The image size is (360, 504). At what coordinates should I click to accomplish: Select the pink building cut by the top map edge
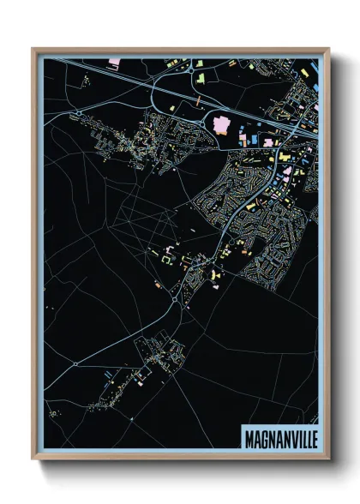click(115, 62)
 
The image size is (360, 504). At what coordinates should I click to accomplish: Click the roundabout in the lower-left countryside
click(75, 363)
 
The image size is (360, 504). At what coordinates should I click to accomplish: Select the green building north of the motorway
click(201, 79)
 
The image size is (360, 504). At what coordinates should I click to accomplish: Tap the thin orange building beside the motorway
click(198, 101)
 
